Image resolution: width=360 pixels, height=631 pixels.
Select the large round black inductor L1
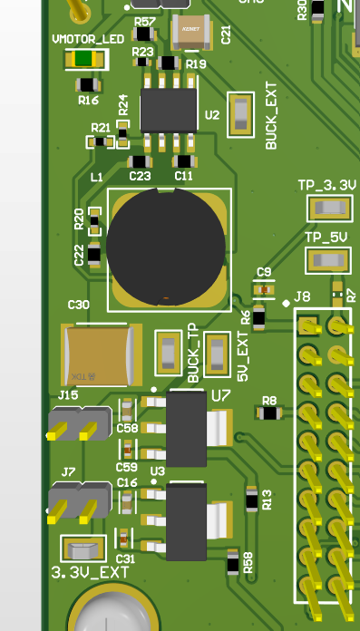(x=165, y=245)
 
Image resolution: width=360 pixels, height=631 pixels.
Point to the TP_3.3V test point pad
(x=328, y=209)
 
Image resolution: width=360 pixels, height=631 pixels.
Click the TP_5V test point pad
(x=328, y=260)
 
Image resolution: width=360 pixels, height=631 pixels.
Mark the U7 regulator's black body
(x=187, y=429)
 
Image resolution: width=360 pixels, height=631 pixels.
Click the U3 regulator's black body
(x=187, y=521)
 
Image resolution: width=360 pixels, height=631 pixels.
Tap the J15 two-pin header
(x=78, y=423)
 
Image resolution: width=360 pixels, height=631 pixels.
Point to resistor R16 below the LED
(x=88, y=85)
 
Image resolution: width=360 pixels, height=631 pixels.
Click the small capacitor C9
(x=264, y=289)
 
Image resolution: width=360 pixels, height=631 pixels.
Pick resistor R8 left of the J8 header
(x=268, y=413)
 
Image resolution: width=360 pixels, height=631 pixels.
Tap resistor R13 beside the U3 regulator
(x=252, y=498)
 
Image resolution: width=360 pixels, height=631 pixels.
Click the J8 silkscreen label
(x=302, y=296)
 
